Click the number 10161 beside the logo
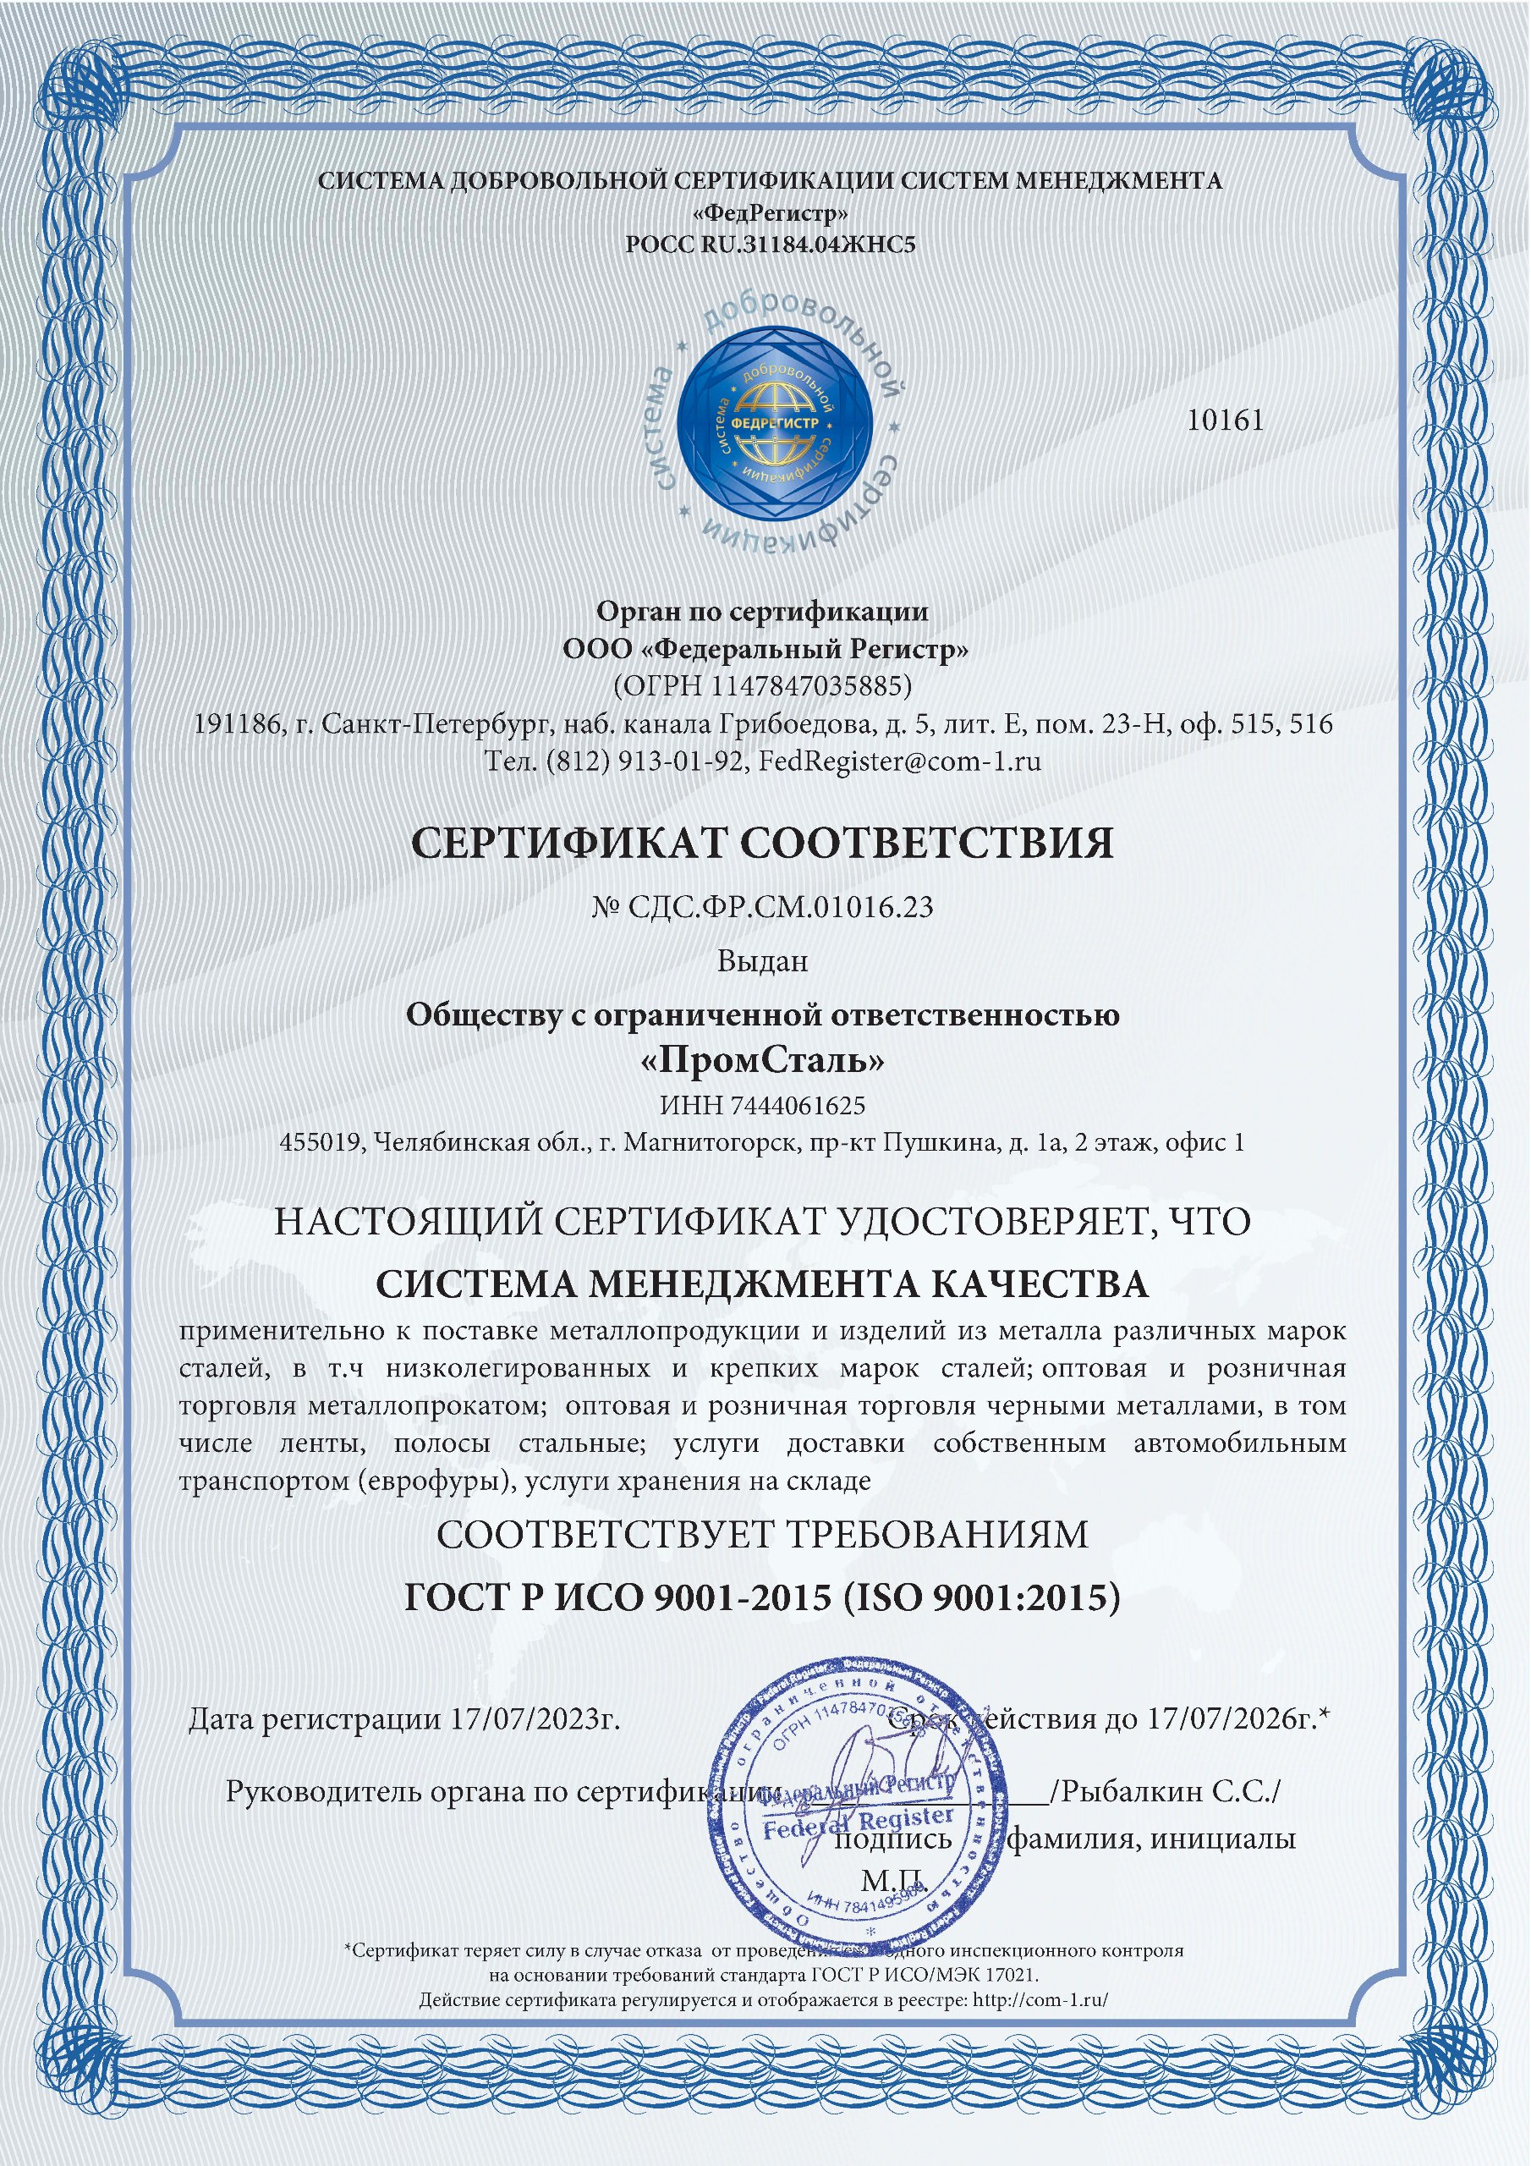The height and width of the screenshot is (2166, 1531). coord(1225,421)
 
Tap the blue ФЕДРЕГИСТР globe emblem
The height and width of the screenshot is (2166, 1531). coord(775,424)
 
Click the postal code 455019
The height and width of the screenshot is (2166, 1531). coord(321,1142)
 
